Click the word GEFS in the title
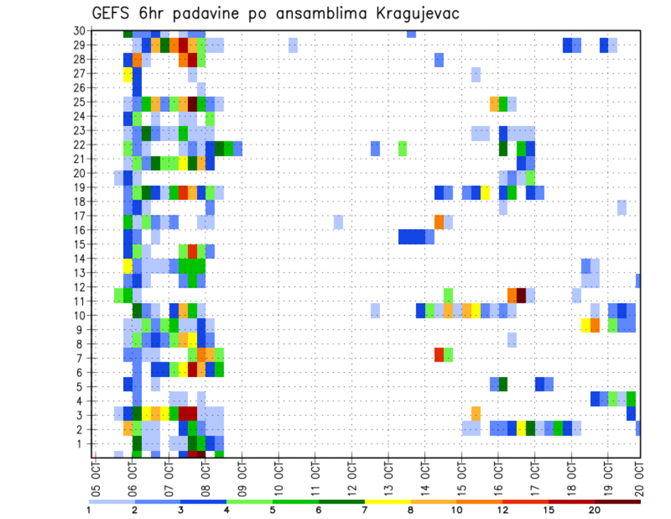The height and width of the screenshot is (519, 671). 113,13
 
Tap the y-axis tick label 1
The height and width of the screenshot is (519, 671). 82,443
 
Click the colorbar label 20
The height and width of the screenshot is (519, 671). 595,510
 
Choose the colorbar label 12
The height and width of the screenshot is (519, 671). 503,510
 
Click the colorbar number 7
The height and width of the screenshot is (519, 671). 365,510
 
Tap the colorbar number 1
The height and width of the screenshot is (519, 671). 89,510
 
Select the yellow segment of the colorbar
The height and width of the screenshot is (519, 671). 387,501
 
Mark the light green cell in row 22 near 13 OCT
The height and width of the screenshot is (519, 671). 403,148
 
